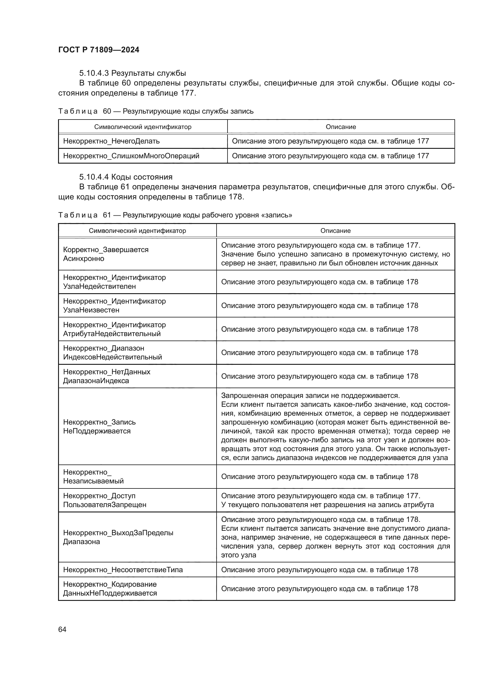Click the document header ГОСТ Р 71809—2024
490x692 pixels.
tap(99, 50)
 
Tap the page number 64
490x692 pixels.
tap(62, 629)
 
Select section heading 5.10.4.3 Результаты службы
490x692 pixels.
tap(132, 73)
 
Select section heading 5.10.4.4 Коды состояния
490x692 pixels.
tap(126, 177)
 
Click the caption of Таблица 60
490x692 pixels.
tap(156, 111)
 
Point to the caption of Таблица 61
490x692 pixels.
tap(175, 215)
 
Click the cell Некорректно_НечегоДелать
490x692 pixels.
tap(111, 141)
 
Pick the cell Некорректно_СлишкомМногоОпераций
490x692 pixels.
tap(131, 156)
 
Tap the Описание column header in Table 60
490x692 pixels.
tap(341, 127)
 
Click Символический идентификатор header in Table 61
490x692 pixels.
tap(137, 230)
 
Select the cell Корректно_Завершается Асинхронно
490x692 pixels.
tap(105, 254)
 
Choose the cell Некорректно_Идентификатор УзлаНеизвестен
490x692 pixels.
tap(114, 305)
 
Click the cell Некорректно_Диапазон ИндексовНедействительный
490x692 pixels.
tap(112, 353)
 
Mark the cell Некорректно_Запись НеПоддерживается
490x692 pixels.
tap(99, 427)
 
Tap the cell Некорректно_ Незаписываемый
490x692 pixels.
tap(93, 477)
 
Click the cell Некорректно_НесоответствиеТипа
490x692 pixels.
tap(123, 570)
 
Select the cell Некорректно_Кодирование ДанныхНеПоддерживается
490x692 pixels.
tap(110, 589)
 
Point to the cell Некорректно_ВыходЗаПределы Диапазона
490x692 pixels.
tap(118, 537)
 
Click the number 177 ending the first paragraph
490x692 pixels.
tap(187, 93)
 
